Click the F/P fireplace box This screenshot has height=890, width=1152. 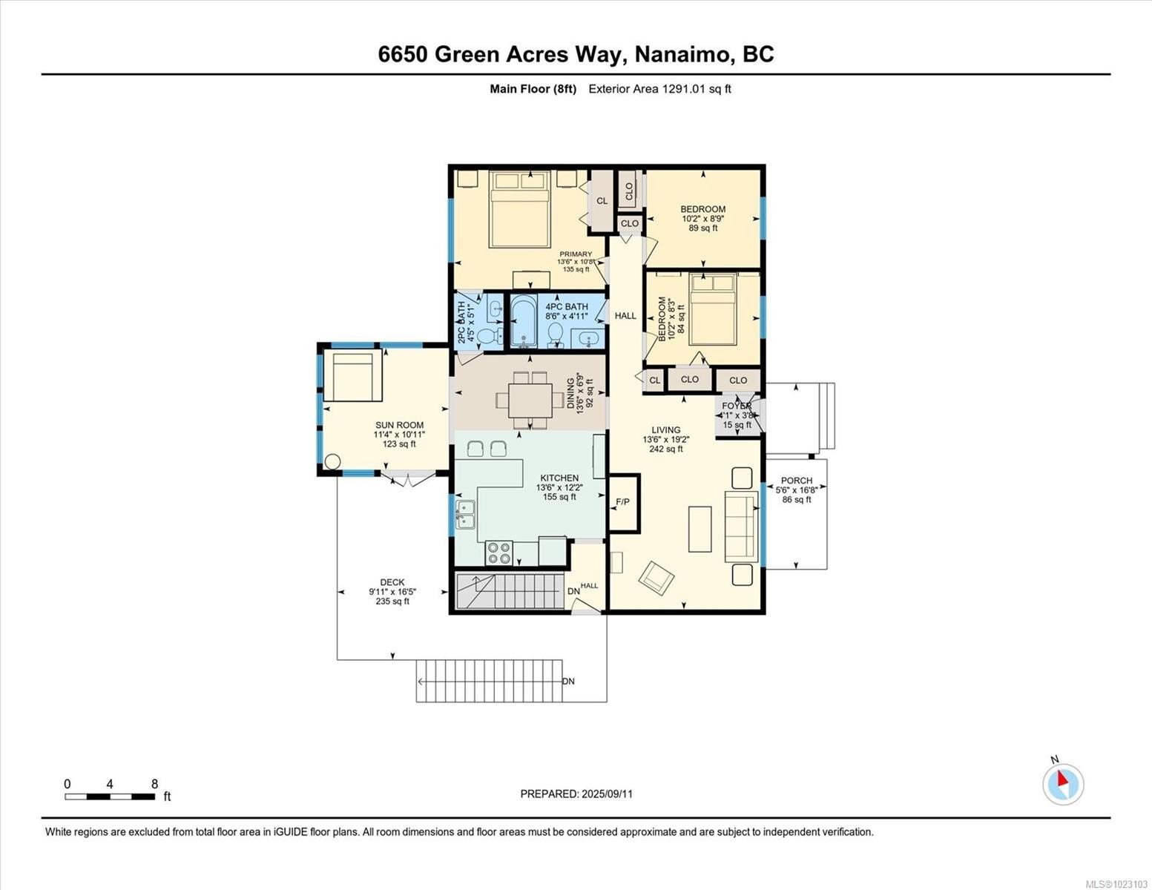(x=623, y=503)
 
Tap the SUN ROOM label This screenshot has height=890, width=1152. (x=399, y=425)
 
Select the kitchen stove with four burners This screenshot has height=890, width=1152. (x=498, y=553)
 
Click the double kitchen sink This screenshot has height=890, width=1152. (x=465, y=514)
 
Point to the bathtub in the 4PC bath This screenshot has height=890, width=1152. (x=524, y=322)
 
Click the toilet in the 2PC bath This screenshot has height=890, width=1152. (x=489, y=337)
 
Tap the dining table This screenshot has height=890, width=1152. (x=530, y=400)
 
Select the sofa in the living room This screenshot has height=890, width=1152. (x=740, y=526)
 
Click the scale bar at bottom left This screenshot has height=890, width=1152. (x=110, y=797)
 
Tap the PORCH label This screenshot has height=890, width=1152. (x=796, y=481)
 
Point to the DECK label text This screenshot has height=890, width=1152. (x=392, y=582)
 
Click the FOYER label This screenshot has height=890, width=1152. (x=737, y=406)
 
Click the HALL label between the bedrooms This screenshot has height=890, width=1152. (x=625, y=315)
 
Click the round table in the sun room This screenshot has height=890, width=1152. (x=332, y=461)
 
